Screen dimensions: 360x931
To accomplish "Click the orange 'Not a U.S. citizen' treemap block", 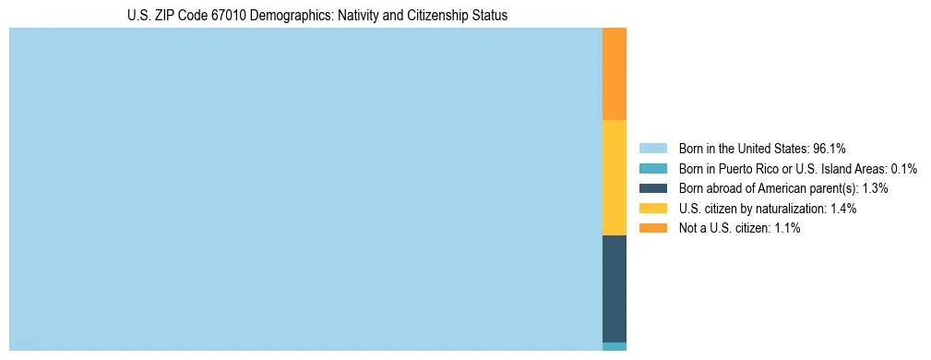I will point(614,74).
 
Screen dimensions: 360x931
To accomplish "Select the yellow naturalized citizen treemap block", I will point(614,177).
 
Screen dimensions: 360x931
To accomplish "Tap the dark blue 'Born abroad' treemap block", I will point(614,288).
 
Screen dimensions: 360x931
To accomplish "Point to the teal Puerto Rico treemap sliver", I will point(614,346).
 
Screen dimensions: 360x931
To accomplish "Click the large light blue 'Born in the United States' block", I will point(304,189).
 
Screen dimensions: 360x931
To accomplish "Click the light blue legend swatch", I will point(652,148).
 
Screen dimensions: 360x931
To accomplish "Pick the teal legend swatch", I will point(652,168).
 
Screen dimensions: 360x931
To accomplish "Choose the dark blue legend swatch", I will point(652,188).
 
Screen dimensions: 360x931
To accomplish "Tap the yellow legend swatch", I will point(652,209).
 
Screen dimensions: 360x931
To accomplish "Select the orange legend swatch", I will point(652,228).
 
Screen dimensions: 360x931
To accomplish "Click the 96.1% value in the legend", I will point(830,148).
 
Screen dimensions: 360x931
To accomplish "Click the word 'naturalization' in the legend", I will point(790,209).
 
